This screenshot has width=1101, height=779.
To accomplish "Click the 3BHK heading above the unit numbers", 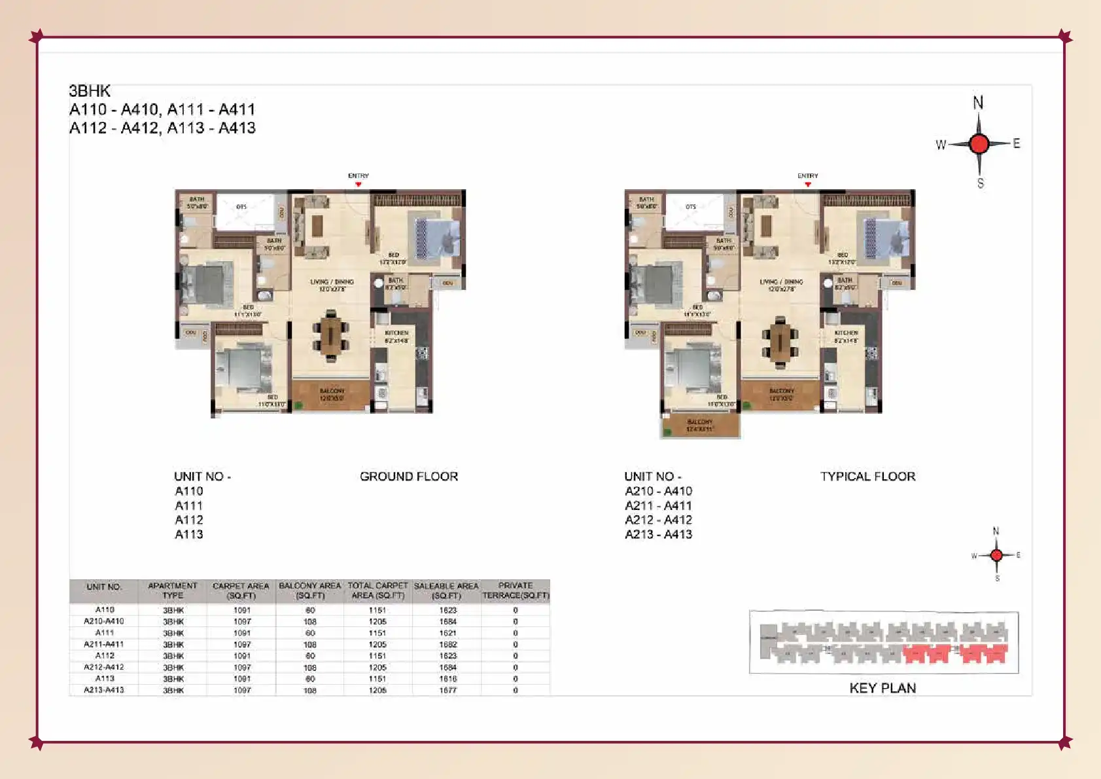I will [90, 91].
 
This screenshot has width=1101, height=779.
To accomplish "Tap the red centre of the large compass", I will [979, 143].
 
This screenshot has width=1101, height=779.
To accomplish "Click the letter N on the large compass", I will [978, 103].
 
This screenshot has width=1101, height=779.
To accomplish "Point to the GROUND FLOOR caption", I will [409, 477].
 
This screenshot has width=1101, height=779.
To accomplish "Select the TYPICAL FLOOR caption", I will [867, 477].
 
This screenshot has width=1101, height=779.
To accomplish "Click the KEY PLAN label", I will [883, 688].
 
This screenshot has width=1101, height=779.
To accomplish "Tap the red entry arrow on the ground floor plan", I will [358, 185].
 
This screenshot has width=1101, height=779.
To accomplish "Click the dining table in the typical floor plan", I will [779, 340].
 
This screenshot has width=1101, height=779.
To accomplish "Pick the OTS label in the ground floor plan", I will [241, 207].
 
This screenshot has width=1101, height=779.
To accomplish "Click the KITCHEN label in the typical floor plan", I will [846, 333].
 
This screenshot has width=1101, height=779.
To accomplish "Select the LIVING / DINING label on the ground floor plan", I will [332, 282].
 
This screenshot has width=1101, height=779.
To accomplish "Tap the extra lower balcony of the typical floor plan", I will [700, 426].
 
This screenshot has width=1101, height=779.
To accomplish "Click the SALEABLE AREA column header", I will [446, 590].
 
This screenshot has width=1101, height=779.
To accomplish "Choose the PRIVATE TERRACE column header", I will [516, 590].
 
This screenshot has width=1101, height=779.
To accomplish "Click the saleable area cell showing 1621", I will [448, 633].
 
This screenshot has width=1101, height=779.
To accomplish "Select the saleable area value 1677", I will [448, 690].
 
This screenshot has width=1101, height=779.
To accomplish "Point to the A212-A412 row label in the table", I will [104, 667].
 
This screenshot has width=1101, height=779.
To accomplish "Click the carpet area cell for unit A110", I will [242, 610].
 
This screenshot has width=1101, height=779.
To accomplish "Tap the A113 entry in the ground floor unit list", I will [189, 534].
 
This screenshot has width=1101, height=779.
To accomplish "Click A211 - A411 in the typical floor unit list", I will [658, 505].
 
